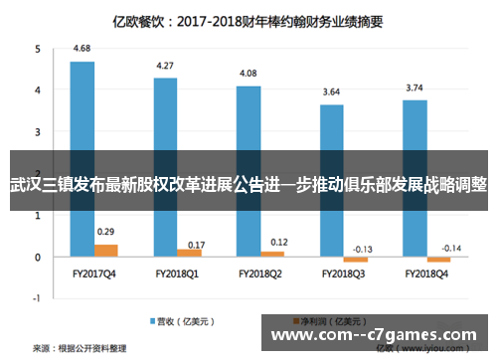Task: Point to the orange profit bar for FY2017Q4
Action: click(105, 251)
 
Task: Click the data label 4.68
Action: click(83, 48)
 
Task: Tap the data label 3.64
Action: click(332, 91)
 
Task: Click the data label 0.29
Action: click(105, 232)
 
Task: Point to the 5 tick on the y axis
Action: click(38, 49)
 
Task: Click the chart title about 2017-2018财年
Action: click(248, 17)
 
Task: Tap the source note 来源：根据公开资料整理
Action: click(80, 349)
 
